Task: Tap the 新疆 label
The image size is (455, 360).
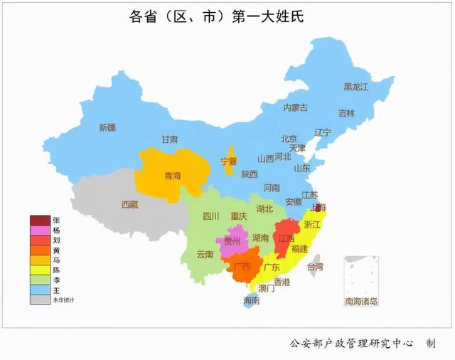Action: coord(107,128)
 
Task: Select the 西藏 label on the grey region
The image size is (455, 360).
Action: coord(129,204)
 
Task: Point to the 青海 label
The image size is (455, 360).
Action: coord(173,175)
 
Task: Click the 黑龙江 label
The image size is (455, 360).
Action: coord(356,87)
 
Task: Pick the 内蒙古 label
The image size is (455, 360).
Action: coord(296,107)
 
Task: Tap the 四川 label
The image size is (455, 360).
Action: coord(211,216)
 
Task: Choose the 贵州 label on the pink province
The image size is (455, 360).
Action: coord(232,241)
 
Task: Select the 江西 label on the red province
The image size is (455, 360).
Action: coord(287,238)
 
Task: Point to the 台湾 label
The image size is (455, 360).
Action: coord(314,267)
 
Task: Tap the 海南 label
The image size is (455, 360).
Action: coord(250,301)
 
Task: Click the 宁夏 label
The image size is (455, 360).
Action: coord(228,162)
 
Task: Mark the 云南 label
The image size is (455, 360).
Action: coord(205,254)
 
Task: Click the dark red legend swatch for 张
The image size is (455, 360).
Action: coord(40,220)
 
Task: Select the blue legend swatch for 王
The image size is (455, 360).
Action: coord(40,290)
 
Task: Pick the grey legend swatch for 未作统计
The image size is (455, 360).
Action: coord(40,300)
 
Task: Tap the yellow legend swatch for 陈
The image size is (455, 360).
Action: coord(40,270)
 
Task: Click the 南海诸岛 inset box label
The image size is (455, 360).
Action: coord(361,302)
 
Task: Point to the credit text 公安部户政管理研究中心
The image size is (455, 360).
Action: coord(351,343)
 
